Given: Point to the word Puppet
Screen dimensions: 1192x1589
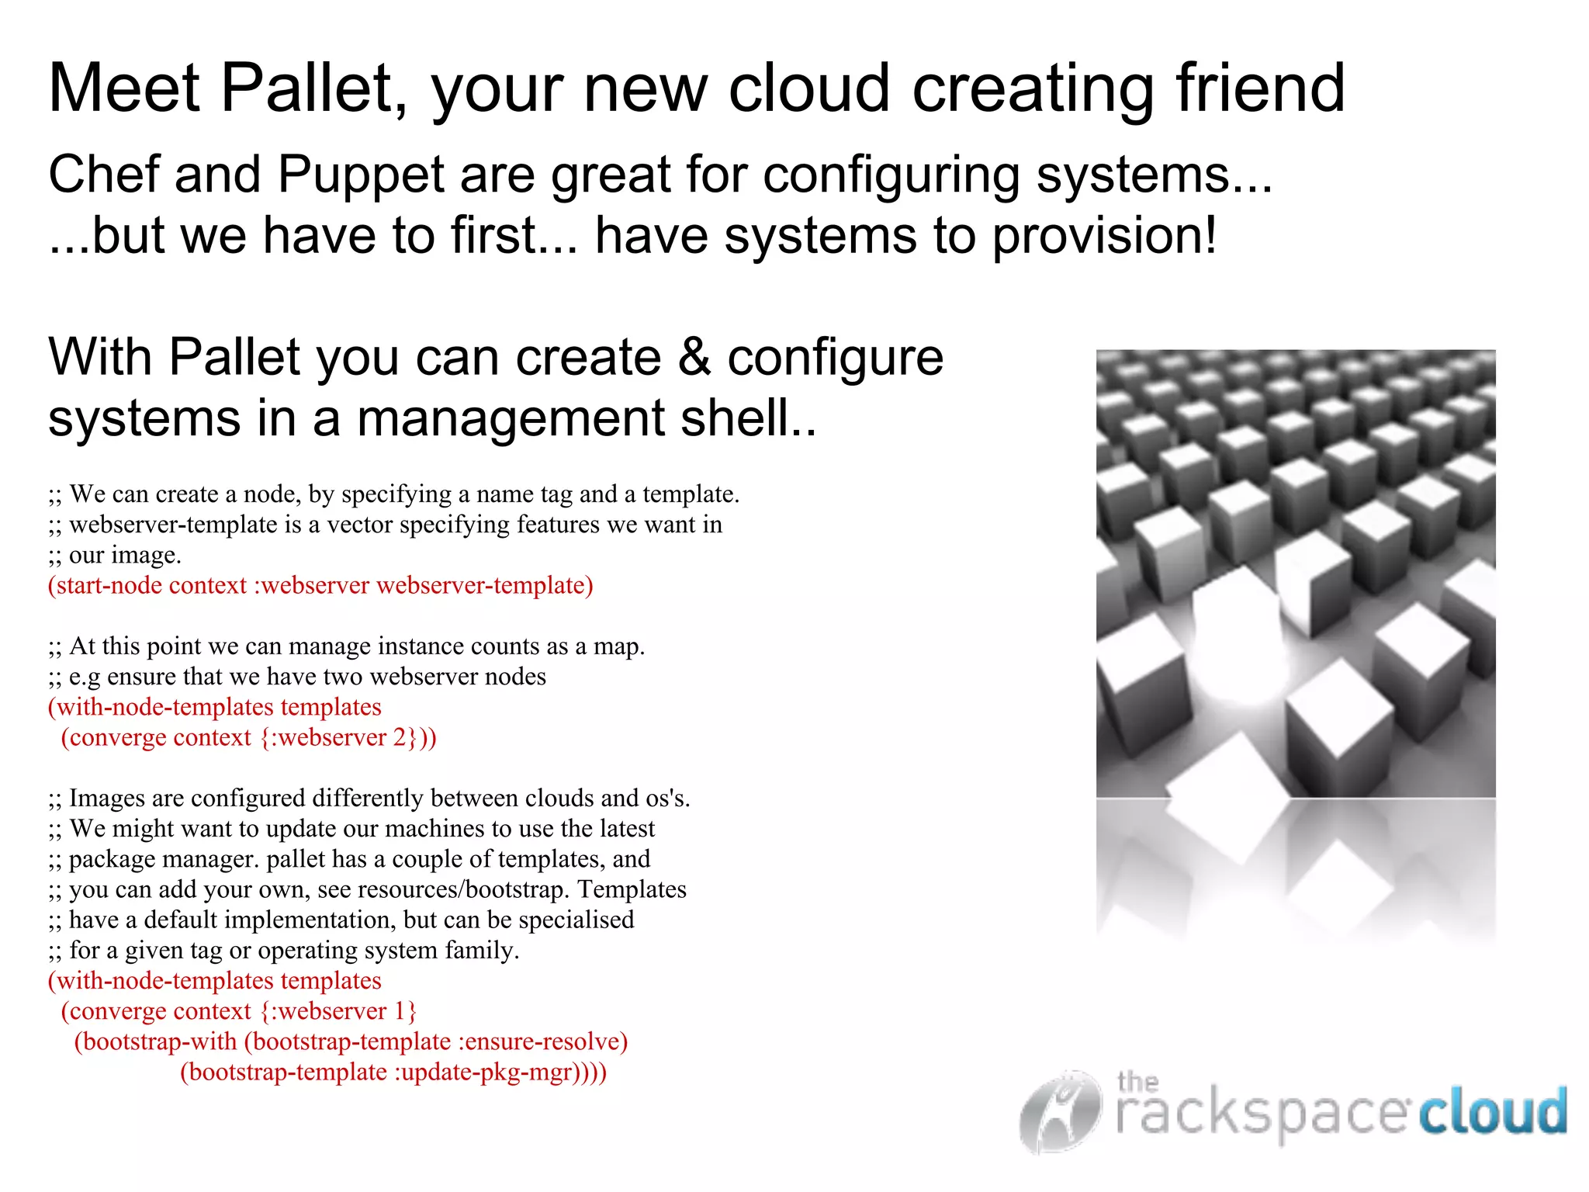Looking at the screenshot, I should click(x=361, y=175).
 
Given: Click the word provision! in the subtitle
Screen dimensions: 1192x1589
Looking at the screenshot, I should click(x=1105, y=236).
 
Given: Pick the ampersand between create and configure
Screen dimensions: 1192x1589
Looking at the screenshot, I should click(x=694, y=357).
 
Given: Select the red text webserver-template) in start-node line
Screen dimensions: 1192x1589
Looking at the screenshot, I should click(x=485, y=585).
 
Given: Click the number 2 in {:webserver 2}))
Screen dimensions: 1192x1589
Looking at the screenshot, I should click(x=400, y=737).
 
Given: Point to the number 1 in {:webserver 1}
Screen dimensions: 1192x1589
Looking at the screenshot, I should click(x=400, y=1011).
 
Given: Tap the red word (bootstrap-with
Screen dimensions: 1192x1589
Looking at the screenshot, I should click(x=155, y=1041).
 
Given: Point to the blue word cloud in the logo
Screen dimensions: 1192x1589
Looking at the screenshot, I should click(x=1492, y=1111).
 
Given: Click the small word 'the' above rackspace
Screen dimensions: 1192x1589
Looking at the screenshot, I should click(x=1137, y=1081).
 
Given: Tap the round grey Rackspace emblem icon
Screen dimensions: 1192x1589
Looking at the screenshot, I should click(x=1060, y=1111).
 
